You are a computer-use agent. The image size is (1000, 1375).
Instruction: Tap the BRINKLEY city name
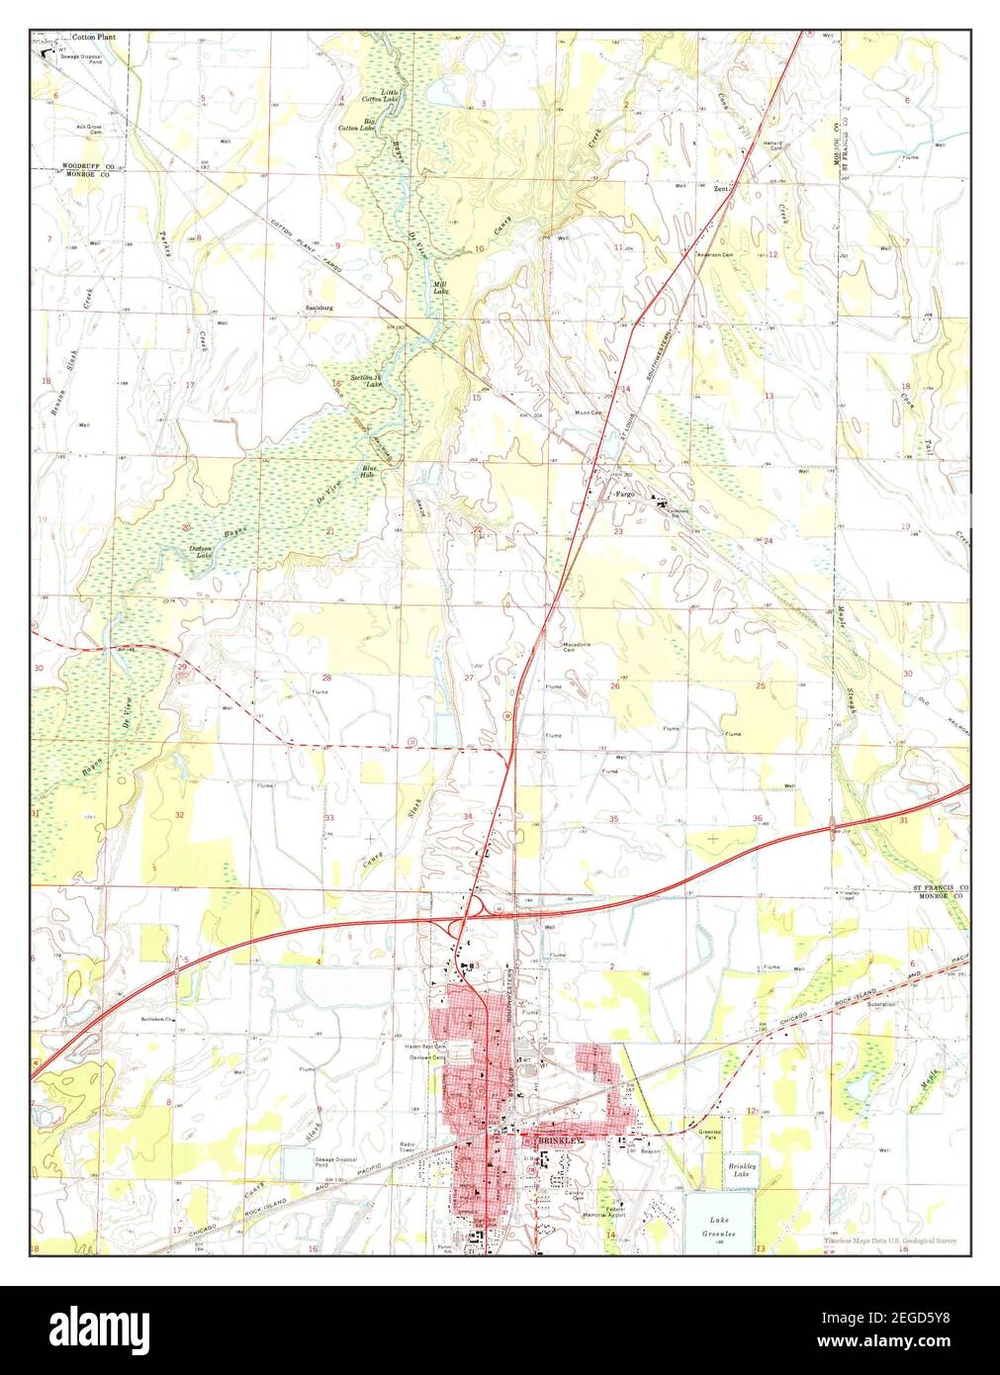[561, 1142]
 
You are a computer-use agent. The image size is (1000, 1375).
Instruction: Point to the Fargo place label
[623, 493]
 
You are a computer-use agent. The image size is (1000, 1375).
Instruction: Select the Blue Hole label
[368, 472]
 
